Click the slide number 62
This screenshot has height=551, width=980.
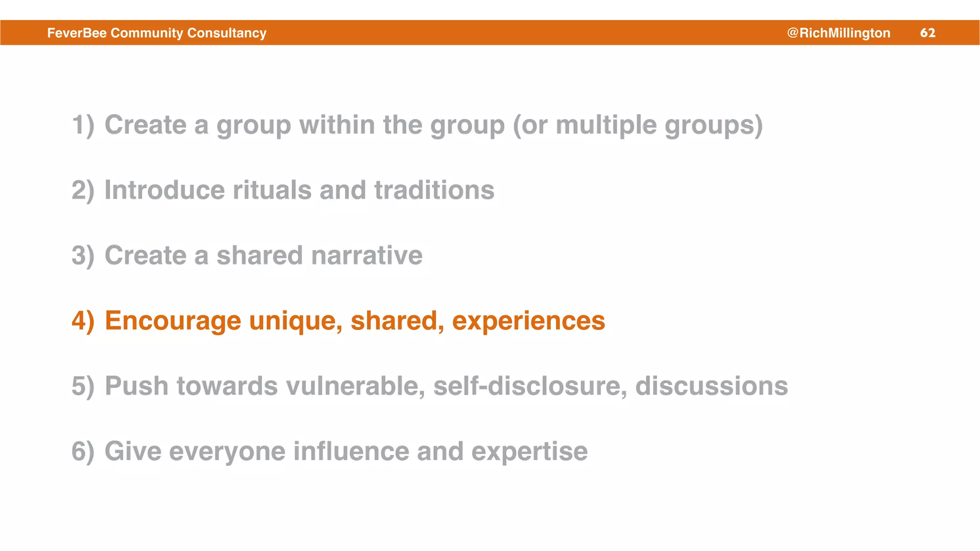[927, 33]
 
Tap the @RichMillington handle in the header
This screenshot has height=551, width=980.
[838, 33]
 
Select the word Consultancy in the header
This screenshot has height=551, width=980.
[227, 33]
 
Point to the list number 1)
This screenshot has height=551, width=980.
[83, 125]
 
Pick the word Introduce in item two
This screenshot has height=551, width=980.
[164, 190]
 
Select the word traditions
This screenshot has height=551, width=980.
[434, 190]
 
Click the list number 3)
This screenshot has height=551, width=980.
[83, 255]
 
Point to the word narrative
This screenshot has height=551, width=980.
[367, 255]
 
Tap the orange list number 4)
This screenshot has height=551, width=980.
[83, 320]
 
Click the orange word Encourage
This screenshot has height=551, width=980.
[173, 320]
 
